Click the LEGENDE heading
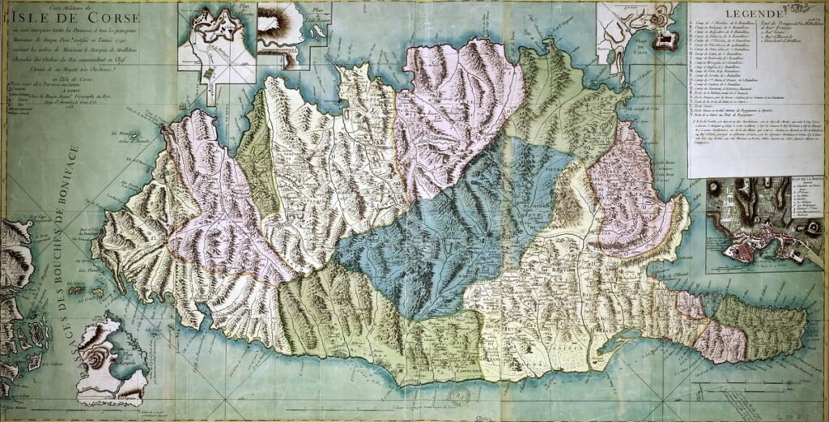pos(752,15)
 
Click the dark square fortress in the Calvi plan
pos(666,40)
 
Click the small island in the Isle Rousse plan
pos(318,32)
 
